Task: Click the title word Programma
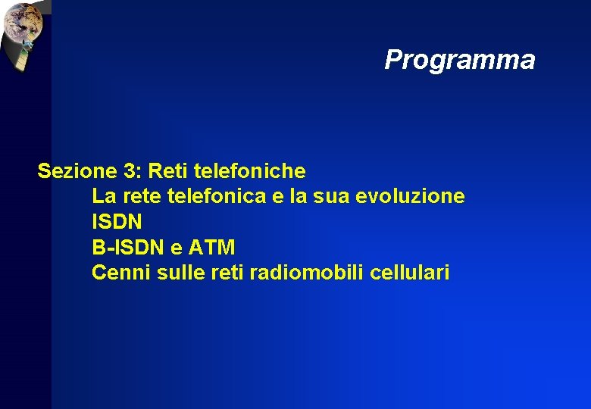click(459, 60)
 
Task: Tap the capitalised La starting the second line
click(104, 197)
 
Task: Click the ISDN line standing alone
click(117, 222)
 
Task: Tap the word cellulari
click(410, 272)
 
